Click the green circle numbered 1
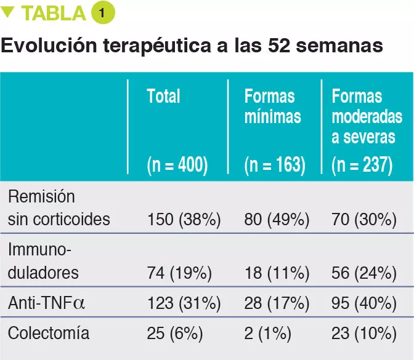pyautogui.click(x=103, y=13)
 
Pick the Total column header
pyautogui.click(x=163, y=97)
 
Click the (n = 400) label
pyautogui.click(x=177, y=164)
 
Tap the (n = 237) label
pyautogui.click(x=362, y=164)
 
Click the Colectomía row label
pyautogui.click(x=49, y=334)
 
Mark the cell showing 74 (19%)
pyautogui.click(x=179, y=273)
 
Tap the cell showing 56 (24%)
pyautogui.click(x=363, y=273)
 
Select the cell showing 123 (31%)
pyautogui.click(x=183, y=303)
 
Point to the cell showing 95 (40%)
pyautogui.click(x=363, y=303)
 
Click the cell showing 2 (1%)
pyautogui.click(x=266, y=334)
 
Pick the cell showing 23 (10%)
pyautogui.click(x=363, y=334)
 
